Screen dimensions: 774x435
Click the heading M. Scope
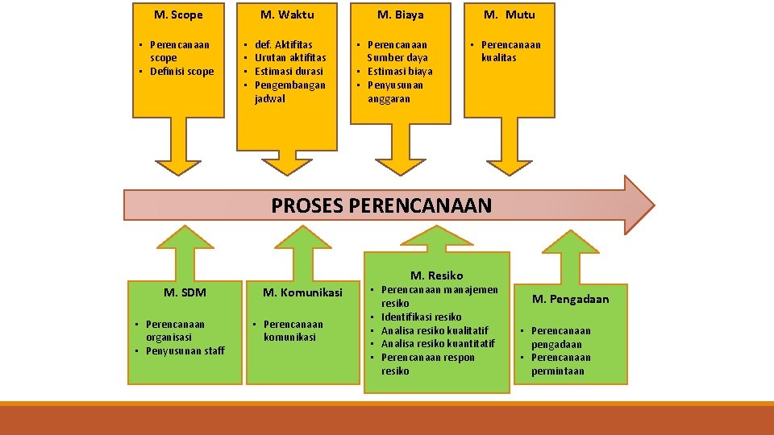[178, 14]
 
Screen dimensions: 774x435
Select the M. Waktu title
[287, 14]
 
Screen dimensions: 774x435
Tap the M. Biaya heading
[401, 14]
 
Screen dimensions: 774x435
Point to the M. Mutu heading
[509, 14]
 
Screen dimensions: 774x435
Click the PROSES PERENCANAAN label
[381, 205]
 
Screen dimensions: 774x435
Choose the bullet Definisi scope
[181, 72]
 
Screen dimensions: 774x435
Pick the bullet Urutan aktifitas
[290, 58]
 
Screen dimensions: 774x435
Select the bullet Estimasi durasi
[289, 71]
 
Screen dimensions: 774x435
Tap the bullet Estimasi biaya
[400, 71]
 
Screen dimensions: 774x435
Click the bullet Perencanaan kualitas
[510, 51]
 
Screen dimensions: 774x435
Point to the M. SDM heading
[185, 292]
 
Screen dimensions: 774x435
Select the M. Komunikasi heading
[302, 292]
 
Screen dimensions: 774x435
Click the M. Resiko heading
[437, 275]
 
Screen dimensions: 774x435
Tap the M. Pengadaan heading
[571, 299]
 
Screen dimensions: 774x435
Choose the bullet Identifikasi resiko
[421, 317]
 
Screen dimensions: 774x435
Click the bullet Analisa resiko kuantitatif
[438, 344]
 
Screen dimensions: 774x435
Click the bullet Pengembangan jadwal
[289, 91]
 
